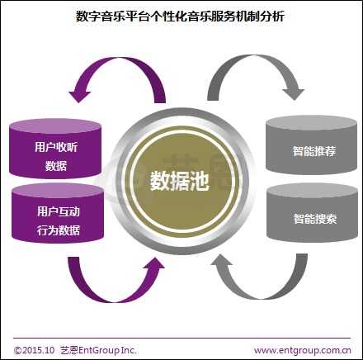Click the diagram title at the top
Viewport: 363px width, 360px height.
[180, 17]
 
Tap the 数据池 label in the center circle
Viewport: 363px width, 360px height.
[180, 181]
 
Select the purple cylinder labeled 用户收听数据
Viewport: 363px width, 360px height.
[55, 149]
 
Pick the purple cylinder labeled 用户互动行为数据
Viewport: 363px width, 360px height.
[58, 213]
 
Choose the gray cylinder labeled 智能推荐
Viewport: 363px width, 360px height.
[312, 145]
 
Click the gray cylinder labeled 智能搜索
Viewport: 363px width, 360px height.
[313, 213]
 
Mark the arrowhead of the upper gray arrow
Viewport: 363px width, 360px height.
[294, 93]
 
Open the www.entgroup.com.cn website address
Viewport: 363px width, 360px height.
[303, 351]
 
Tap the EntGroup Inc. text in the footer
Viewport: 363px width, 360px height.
[107, 350]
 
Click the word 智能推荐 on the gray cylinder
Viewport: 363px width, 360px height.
[314, 151]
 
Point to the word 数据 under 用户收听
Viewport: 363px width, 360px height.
[56, 166]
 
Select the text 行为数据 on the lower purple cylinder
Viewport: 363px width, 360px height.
[59, 230]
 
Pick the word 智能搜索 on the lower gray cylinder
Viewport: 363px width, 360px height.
[315, 219]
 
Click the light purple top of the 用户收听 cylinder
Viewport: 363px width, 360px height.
[55, 126]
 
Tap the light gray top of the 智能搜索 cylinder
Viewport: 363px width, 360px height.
[313, 191]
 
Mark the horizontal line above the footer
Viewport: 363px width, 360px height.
[182, 338]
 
